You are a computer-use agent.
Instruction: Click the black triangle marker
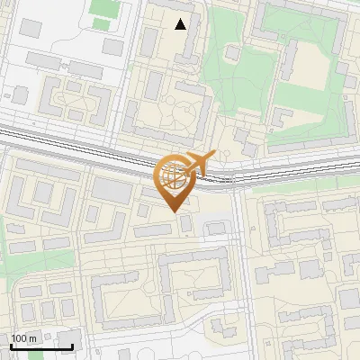coord(181,24)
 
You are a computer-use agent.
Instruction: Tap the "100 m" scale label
coord(24,337)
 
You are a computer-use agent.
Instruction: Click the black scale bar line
coord(41,346)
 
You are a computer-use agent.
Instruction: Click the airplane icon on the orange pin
coord(198,163)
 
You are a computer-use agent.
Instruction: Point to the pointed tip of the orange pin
coord(173,211)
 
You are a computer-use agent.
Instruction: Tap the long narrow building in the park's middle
coord(290,58)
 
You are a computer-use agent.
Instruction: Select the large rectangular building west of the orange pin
coord(111,190)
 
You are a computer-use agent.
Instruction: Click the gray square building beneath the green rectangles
coord(112,46)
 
